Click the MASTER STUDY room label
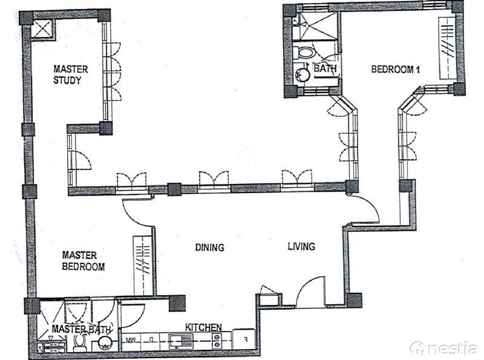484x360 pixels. point(71,74)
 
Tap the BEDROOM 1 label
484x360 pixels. point(396,69)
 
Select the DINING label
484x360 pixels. point(209,247)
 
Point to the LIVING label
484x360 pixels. point(301,246)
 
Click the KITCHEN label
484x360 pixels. point(203,327)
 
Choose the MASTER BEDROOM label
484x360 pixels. point(83,261)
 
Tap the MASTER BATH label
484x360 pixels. point(81,329)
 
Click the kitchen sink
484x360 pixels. point(180,341)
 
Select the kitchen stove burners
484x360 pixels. point(217,340)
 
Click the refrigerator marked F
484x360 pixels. point(244,339)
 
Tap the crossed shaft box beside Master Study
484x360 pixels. point(42,28)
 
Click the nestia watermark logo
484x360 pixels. point(443,349)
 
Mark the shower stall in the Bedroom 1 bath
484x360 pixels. point(314,26)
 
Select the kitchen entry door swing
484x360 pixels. point(132,316)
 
